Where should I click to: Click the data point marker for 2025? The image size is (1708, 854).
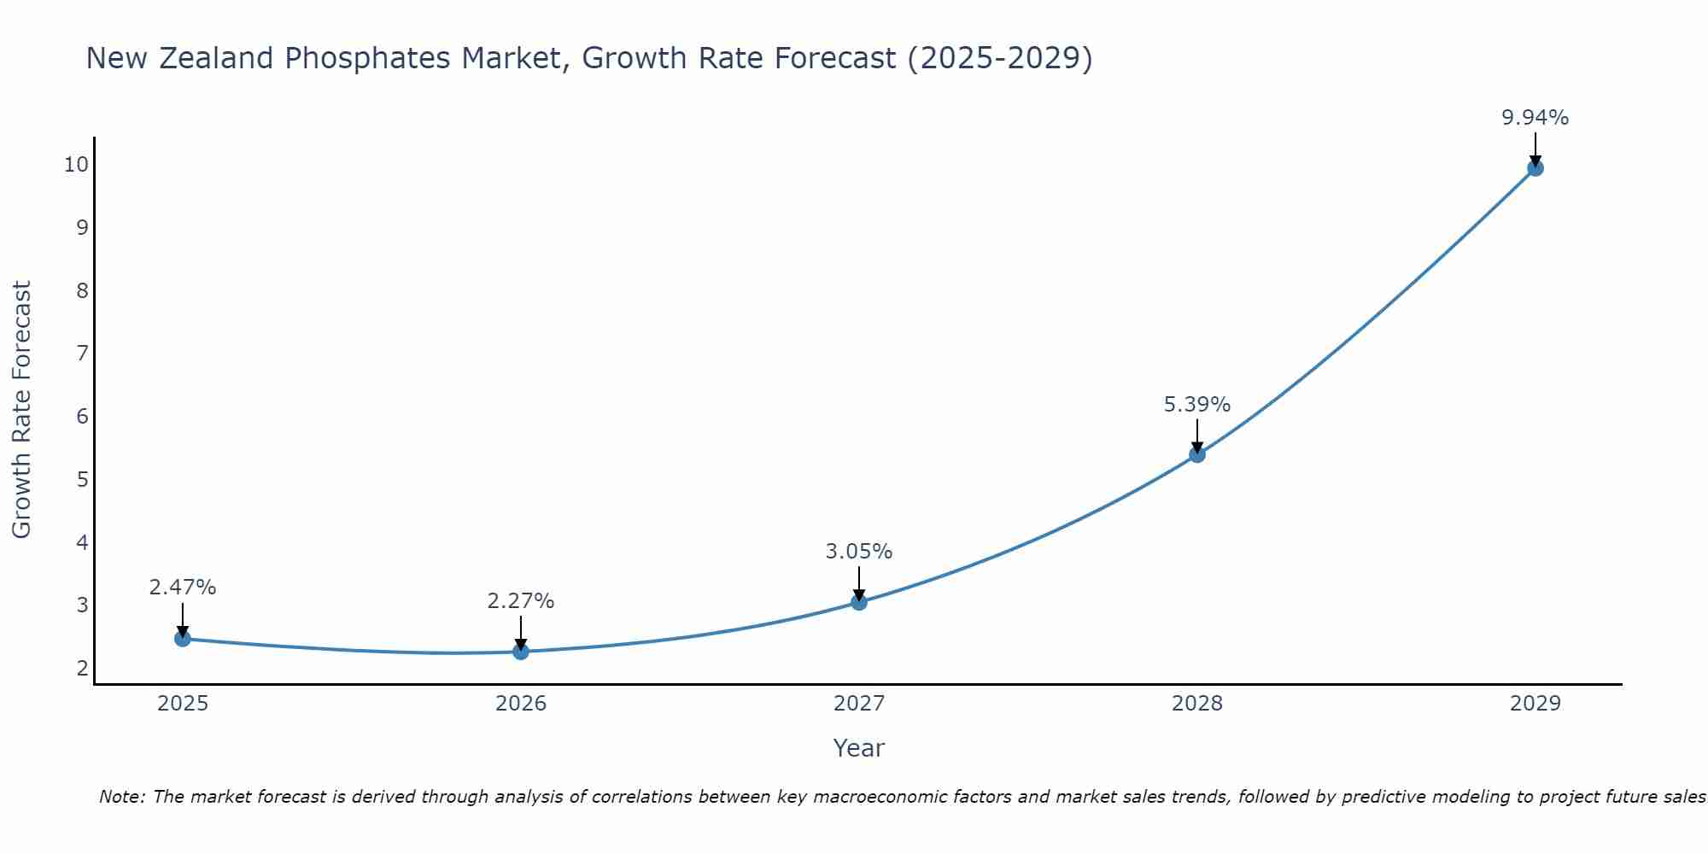click(182, 638)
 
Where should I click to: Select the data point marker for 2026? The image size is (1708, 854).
click(521, 652)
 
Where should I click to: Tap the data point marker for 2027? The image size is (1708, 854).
click(859, 602)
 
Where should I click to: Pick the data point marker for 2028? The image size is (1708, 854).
click(1197, 454)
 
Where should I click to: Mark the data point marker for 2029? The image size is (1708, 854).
click(1535, 168)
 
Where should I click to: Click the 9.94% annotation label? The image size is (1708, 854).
click(1535, 118)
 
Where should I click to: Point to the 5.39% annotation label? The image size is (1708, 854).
click(1197, 405)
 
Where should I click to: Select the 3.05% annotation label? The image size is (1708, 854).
click(859, 552)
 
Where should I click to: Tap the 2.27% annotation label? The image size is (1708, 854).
click(521, 601)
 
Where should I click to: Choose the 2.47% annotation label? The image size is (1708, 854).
click(183, 588)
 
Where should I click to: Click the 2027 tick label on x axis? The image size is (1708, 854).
click(859, 704)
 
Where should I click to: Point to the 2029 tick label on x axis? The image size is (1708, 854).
click(1535, 704)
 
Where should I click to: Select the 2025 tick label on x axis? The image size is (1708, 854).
click(183, 704)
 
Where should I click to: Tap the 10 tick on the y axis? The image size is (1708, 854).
click(76, 164)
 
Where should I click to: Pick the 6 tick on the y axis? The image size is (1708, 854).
click(82, 416)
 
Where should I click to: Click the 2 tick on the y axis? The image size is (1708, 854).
click(82, 668)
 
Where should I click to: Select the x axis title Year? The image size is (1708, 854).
click(859, 748)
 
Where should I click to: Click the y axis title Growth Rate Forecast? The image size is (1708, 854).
click(21, 409)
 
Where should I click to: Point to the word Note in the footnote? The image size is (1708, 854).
click(121, 797)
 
